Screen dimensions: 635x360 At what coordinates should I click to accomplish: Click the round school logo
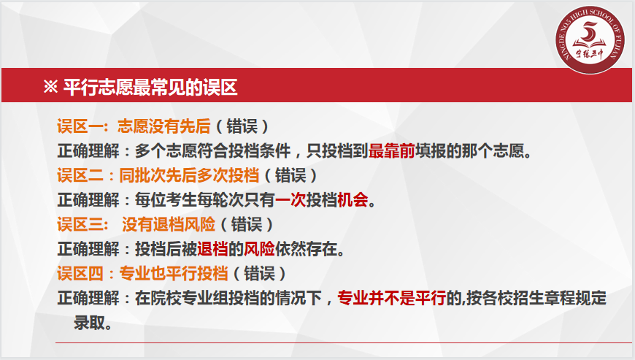tap(589, 39)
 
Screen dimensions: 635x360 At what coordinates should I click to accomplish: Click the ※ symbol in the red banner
tap(50, 87)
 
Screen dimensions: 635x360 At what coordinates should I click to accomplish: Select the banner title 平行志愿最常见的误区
tap(150, 87)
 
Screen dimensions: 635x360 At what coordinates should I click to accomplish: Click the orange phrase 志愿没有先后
tap(164, 126)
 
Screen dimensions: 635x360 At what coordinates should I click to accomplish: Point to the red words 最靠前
tap(392, 151)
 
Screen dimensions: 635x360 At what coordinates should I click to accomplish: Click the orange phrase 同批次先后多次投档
tap(189, 175)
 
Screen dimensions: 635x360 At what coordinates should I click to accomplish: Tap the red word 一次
tap(290, 200)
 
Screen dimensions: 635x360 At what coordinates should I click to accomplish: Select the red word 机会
tap(353, 200)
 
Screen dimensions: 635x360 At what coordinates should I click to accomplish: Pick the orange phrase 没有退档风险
tap(169, 224)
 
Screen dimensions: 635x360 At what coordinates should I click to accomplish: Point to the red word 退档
tap(212, 249)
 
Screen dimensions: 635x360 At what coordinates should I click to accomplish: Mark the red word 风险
tap(259, 249)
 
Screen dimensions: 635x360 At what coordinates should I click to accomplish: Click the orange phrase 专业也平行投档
tap(173, 274)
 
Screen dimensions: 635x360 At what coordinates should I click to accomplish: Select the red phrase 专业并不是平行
tap(392, 298)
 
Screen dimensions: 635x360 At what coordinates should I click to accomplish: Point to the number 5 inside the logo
tap(589, 31)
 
